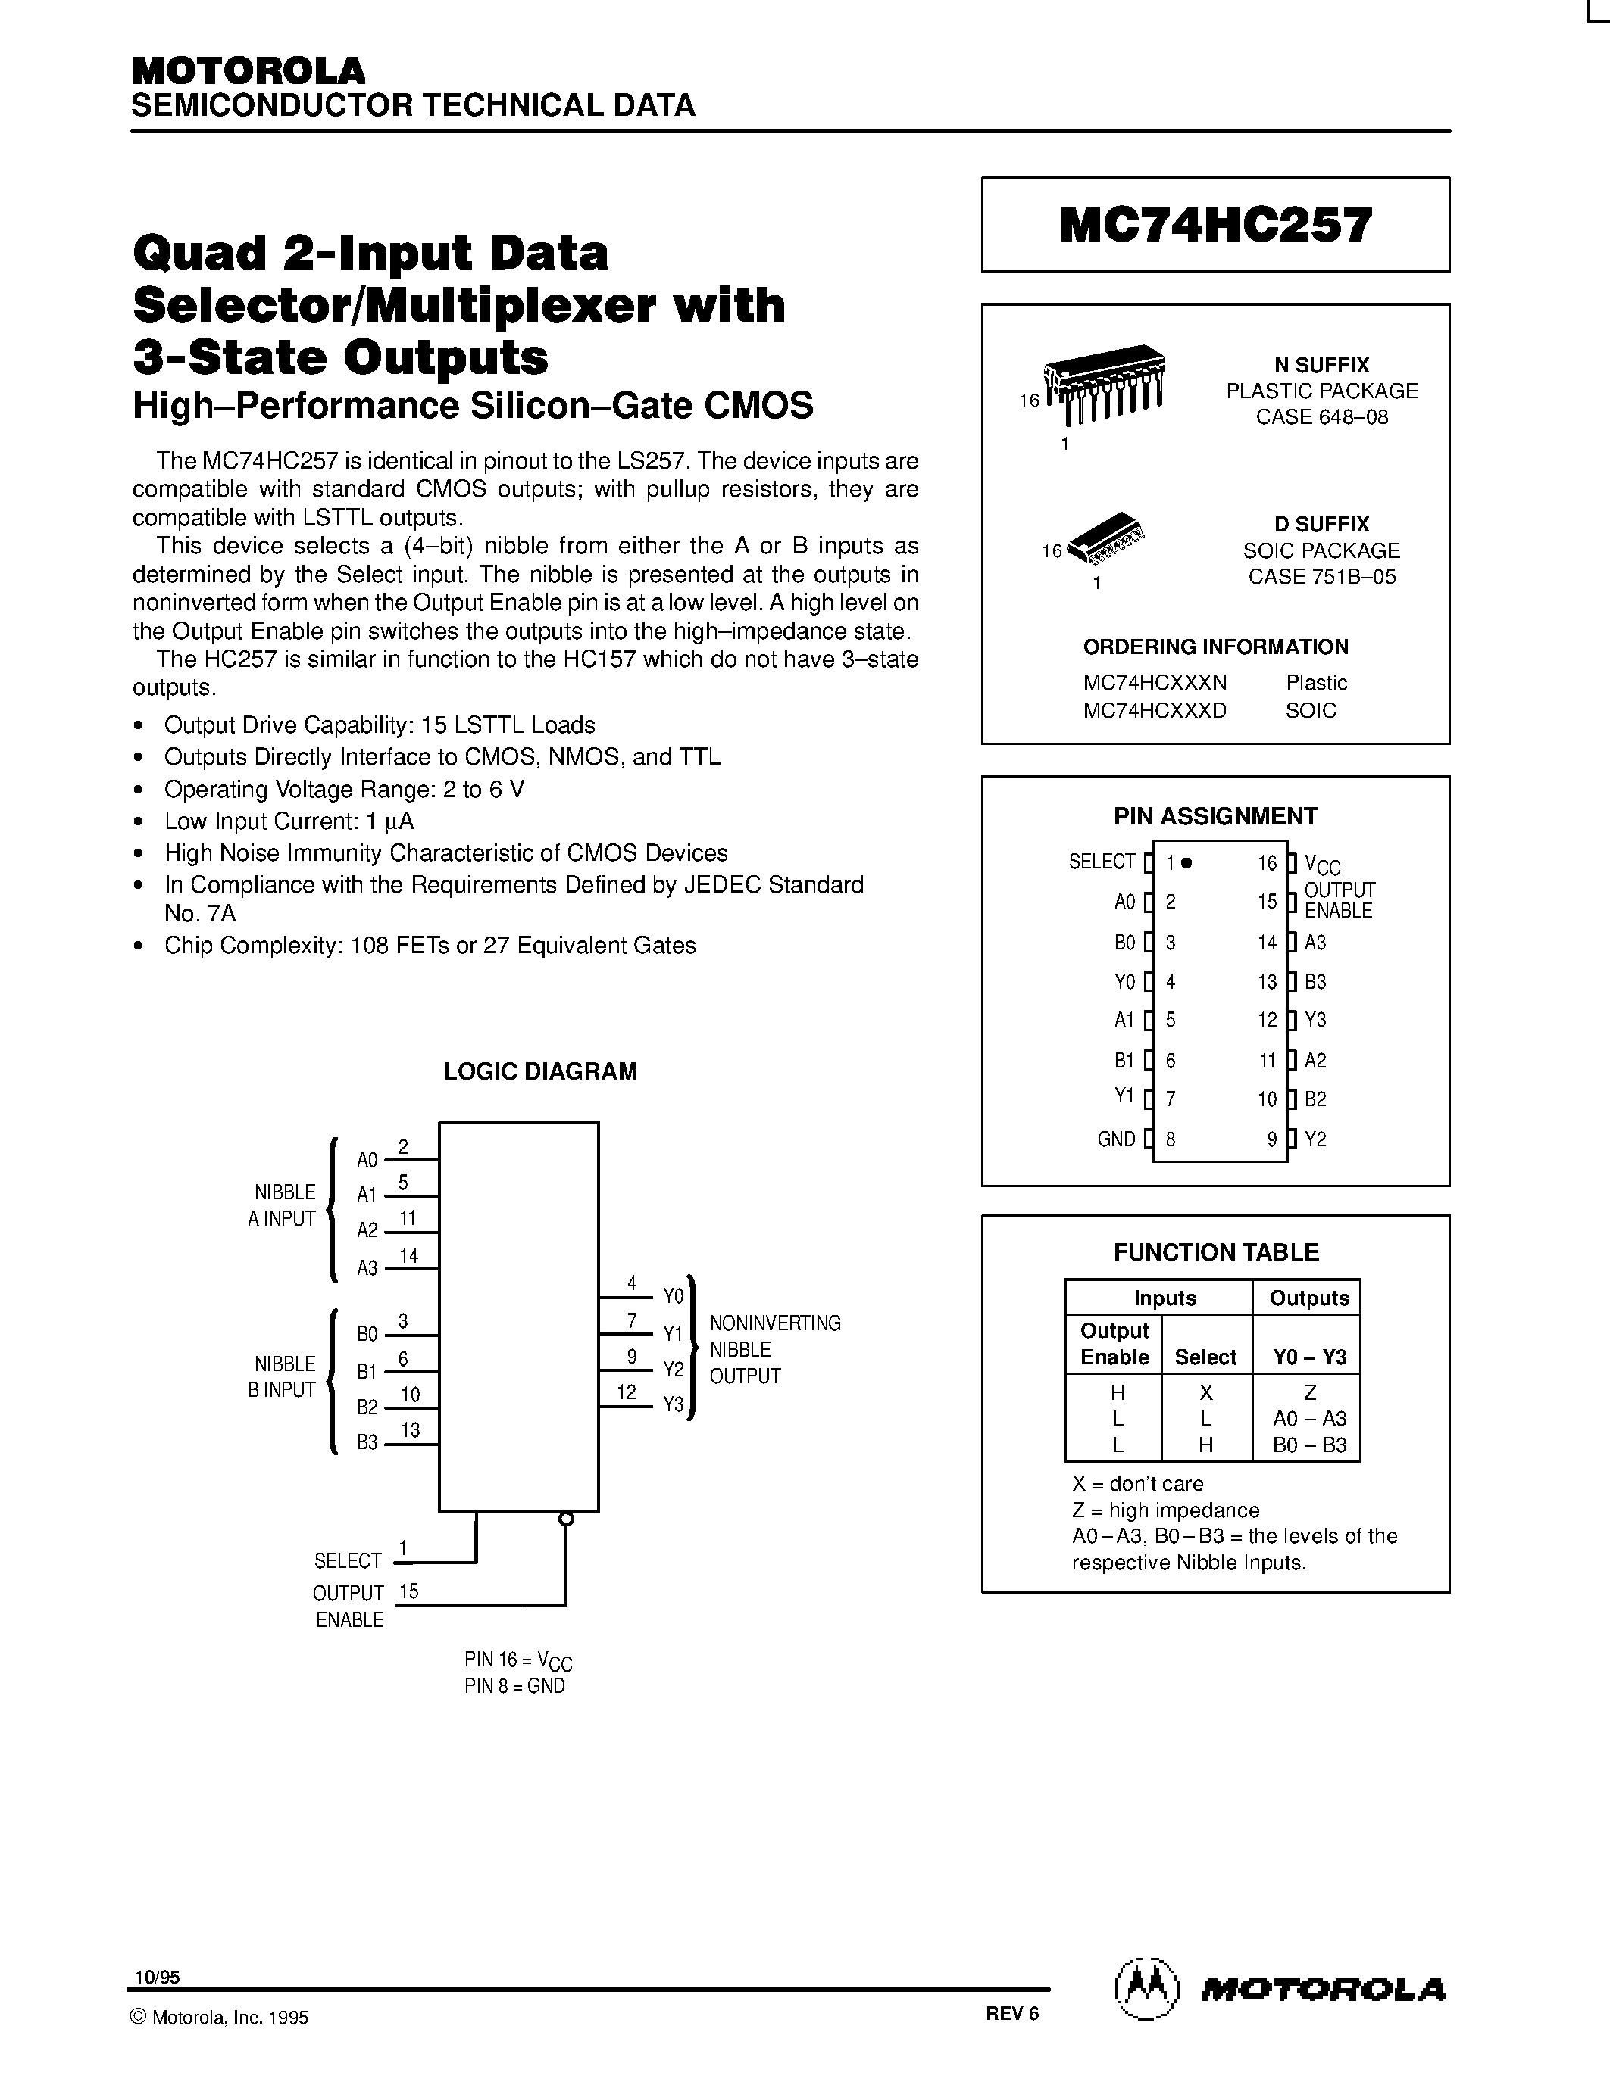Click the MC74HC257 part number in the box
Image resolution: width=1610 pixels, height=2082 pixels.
point(1215,226)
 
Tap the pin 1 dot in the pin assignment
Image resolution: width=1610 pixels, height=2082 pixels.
point(1186,863)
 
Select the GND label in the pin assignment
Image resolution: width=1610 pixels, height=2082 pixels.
point(1116,1139)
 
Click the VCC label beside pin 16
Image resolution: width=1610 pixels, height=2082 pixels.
point(1322,865)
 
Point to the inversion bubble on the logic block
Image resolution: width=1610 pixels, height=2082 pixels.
point(566,1519)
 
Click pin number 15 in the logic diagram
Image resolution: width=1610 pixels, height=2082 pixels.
point(408,1590)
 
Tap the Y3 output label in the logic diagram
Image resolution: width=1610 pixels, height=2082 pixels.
point(674,1404)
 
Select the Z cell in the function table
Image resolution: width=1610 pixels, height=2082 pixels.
point(1309,1393)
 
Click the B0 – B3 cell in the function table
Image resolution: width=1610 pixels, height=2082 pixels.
point(1309,1445)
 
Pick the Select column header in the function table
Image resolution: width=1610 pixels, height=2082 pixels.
point(1205,1357)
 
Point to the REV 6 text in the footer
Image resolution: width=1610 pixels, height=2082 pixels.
point(1012,2013)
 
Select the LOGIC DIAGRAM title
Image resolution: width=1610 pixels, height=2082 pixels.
point(540,1071)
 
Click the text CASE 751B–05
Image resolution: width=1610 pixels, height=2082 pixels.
point(1322,577)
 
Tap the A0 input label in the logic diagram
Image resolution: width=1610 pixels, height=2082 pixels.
point(367,1160)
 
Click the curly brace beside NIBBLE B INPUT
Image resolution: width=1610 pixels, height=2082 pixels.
point(332,1382)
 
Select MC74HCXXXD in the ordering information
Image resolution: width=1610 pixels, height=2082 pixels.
point(1154,710)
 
